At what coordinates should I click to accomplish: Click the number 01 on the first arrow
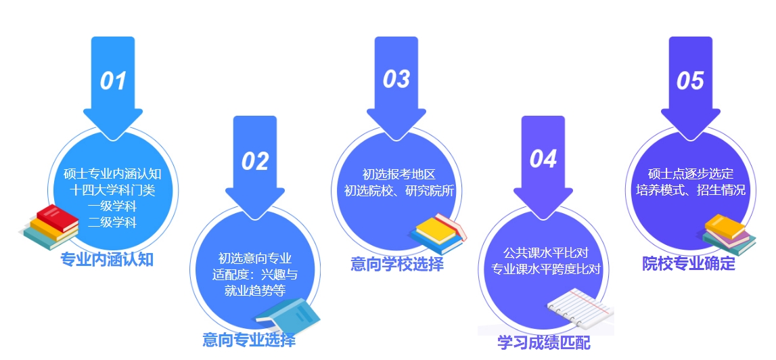point(114,81)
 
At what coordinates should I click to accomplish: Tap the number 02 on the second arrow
point(255,161)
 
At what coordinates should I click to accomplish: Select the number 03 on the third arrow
point(396,80)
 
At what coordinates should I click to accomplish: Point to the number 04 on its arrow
point(543,158)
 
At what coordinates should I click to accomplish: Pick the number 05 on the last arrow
point(690,81)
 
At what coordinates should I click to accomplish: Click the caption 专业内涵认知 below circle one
point(107,259)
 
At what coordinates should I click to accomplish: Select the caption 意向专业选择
point(249,340)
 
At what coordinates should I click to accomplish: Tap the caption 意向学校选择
point(397,264)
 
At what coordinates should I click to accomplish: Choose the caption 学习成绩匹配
point(543,342)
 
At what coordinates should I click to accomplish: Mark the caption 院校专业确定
point(689,263)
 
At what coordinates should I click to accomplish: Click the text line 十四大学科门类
point(113,190)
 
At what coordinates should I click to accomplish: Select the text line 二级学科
point(112,223)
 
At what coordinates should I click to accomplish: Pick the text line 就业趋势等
point(255,291)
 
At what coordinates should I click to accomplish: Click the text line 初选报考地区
point(398,175)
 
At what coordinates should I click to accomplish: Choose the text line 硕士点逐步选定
point(691,174)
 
